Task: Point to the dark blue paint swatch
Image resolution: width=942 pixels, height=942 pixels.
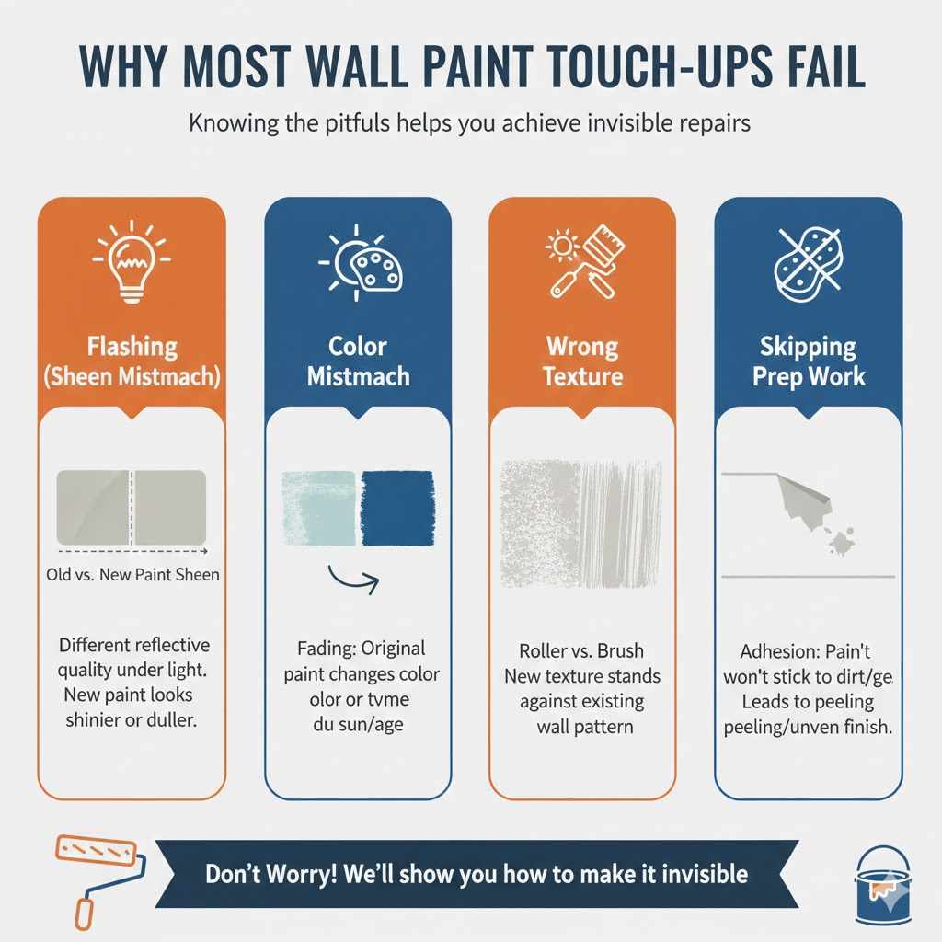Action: coord(396,511)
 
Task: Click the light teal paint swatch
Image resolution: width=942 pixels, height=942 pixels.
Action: coord(316,511)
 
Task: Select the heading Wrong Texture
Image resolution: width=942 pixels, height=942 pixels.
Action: coord(583,361)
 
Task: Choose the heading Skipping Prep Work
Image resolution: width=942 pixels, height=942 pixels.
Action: coord(809,361)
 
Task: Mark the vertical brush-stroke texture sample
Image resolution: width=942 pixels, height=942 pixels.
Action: coord(621,524)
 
